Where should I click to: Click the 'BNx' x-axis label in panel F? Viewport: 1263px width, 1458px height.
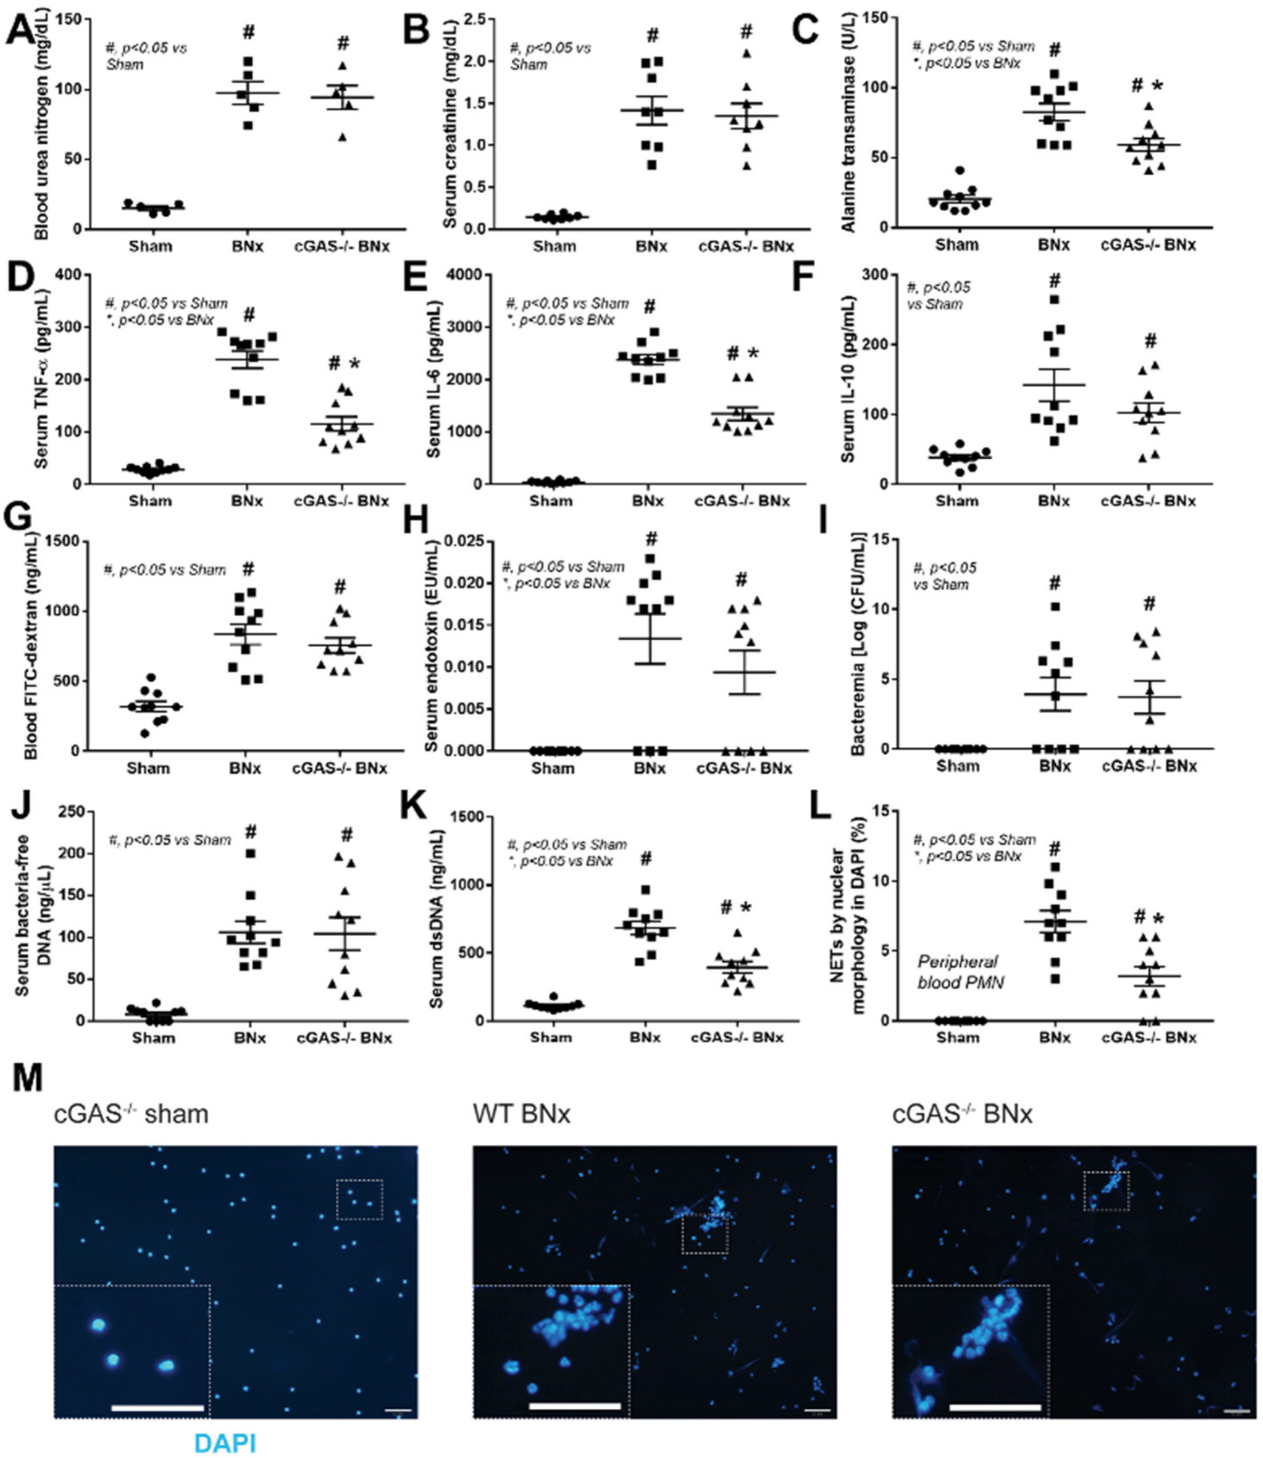click(1054, 501)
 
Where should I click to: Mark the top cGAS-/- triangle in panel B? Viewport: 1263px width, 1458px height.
click(747, 54)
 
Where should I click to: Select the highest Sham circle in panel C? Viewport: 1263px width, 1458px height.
click(959, 170)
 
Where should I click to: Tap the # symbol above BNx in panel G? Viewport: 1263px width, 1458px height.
click(249, 569)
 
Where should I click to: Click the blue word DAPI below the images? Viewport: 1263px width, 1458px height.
click(225, 1443)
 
